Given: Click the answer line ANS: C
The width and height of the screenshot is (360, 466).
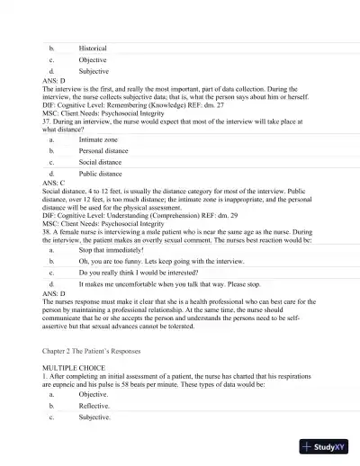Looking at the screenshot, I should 54,182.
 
